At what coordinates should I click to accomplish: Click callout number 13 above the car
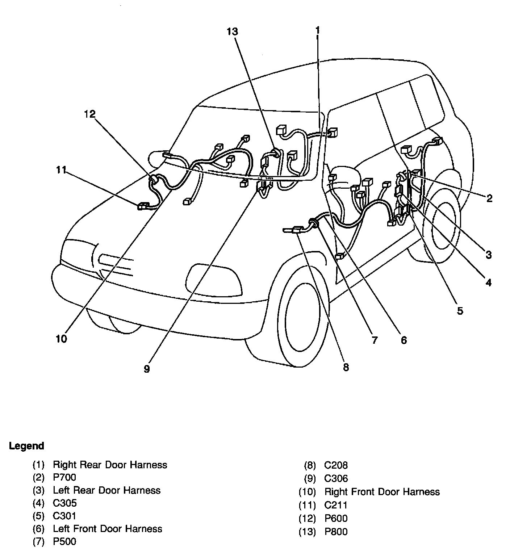[x=232, y=32]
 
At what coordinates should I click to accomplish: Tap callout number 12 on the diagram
[x=89, y=114]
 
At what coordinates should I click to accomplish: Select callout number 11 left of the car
[x=62, y=169]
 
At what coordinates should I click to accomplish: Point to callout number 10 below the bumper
[x=61, y=339]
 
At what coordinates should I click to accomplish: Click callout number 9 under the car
[x=146, y=369]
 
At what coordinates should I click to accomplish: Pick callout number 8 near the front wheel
[x=346, y=367]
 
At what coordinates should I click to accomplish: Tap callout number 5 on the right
[x=460, y=311]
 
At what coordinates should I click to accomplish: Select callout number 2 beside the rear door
[x=489, y=198]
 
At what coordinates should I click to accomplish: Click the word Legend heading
[x=26, y=446]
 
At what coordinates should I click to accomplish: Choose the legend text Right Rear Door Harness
[x=110, y=465]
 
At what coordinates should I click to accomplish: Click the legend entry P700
[x=64, y=477]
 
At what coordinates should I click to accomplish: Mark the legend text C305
[x=65, y=503]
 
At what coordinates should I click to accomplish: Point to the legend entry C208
[x=336, y=465]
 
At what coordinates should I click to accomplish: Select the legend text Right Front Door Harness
[x=382, y=491]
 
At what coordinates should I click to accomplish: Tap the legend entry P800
[x=336, y=532]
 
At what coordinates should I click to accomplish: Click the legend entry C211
[x=335, y=505]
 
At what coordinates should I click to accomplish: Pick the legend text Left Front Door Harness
[x=107, y=529]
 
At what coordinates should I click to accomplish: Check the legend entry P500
[x=64, y=541]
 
